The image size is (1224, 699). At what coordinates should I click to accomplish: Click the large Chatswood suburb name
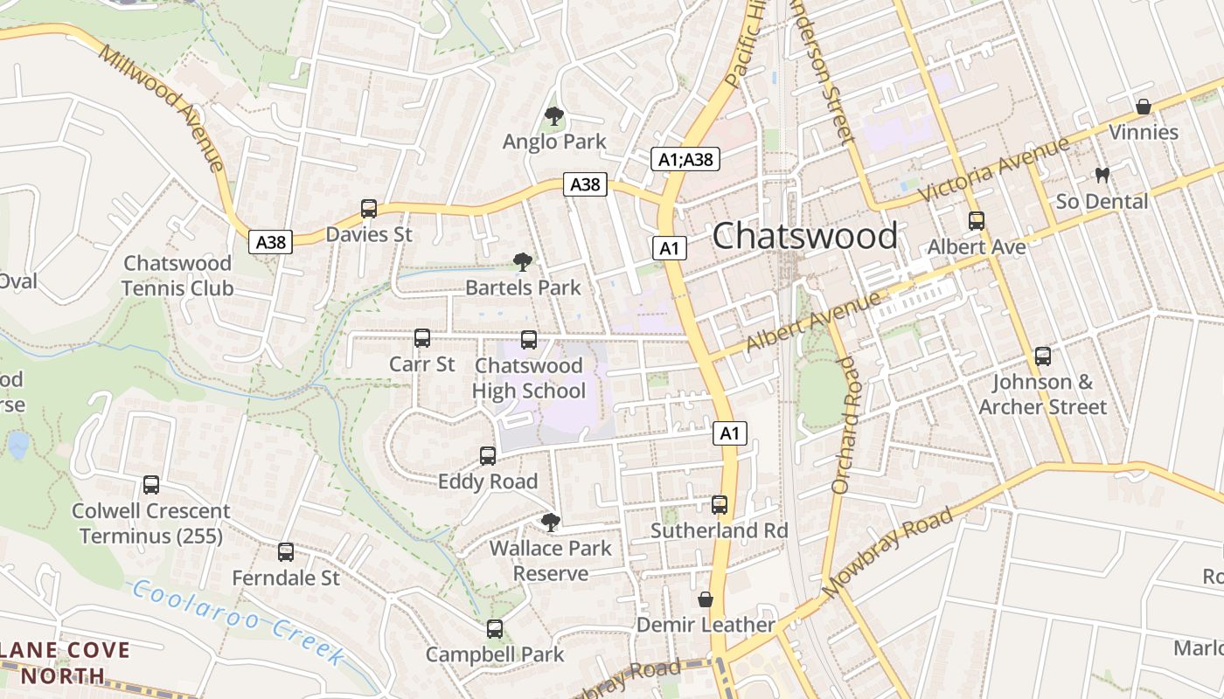(x=804, y=236)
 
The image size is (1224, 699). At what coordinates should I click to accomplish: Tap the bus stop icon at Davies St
(x=369, y=209)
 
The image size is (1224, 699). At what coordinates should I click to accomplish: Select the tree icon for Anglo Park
(x=553, y=115)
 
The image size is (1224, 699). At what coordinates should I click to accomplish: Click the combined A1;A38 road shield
(x=685, y=159)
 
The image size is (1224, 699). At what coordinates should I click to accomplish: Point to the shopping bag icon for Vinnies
(x=1143, y=107)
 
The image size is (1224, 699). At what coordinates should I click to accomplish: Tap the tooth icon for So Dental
(x=1102, y=175)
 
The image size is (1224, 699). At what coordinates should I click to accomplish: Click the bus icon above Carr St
(x=422, y=338)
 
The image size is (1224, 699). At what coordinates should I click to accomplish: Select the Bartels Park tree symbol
(x=523, y=261)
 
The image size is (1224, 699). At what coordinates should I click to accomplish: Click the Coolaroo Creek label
(x=236, y=620)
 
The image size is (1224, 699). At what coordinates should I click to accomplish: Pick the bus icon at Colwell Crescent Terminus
(x=151, y=485)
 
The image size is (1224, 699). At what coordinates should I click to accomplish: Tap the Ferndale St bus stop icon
(x=286, y=552)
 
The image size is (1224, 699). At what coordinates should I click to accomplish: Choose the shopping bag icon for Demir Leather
(x=706, y=599)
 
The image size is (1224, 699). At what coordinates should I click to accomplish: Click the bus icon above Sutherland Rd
(x=720, y=505)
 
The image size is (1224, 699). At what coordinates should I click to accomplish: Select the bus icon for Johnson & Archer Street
(x=1042, y=356)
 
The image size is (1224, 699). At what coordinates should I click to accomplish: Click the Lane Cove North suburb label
(x=65, y=663)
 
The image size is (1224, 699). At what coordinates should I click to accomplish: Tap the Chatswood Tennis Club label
(x=177, y=275)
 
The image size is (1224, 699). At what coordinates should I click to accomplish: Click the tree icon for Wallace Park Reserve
(x=551, y=523)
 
